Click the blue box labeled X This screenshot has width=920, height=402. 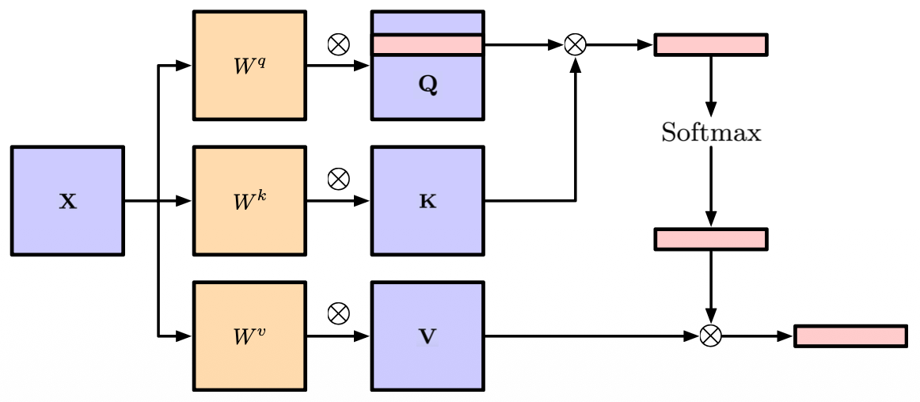click(x=67, y=201)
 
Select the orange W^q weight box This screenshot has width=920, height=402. click(x=249, y=66)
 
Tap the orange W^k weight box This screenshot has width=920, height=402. click(x=249, y=201)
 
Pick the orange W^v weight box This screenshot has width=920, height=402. click(x=249, y=336)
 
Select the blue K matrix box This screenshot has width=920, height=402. click(x=428, y=201)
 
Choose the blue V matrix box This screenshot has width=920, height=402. click(x=428, y=336)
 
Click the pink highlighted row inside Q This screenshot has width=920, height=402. click(x=428, y=45)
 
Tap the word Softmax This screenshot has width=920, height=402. click(x=711, y=133)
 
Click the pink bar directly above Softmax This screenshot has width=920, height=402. click(x=710, y=45)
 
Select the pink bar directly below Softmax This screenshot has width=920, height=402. click(x=710, y=239)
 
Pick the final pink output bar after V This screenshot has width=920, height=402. click(x=850, y=336)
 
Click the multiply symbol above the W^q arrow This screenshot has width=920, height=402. click(x=338, y=45)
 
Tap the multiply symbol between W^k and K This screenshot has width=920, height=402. click(x=338, y=180)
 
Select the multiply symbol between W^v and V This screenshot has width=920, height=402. click(x=338, y=314)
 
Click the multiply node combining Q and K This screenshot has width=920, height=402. click(x=576, y=45)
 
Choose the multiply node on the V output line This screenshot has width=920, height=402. click(x=711, y=336)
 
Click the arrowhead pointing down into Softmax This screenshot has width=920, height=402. click(x=711, y=108)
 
